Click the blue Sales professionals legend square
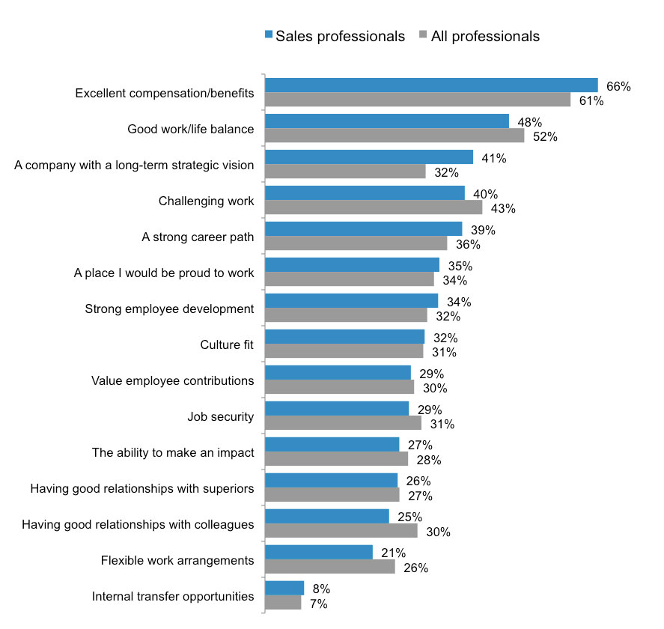click(x=269, y=35)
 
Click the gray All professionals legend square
click(x=424, y=35)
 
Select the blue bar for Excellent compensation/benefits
click(x=431, y=85)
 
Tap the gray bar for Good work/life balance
click(x=395, y=136)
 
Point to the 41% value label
click(x=494, y=158)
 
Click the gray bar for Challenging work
click(x=374, y=207)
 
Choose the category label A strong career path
click(x=198, y=237)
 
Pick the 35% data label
click(x=460, y=266)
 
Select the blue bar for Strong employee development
click(x=352, y=301)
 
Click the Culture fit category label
click(x=227, y=344)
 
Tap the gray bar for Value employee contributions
click(x=339, y=387)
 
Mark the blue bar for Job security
click(x=337, y=409)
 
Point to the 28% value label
click(x=428, y=459)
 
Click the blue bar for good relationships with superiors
click(x=331, y=480)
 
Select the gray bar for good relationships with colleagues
click(x=341, y=531)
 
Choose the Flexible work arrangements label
click(x=177, y=560)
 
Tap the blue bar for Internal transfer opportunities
click(x=284, y=588)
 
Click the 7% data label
click(x=318, y=603)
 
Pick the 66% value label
click(x=618, y=86)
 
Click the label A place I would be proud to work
click(x=164, y=273)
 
